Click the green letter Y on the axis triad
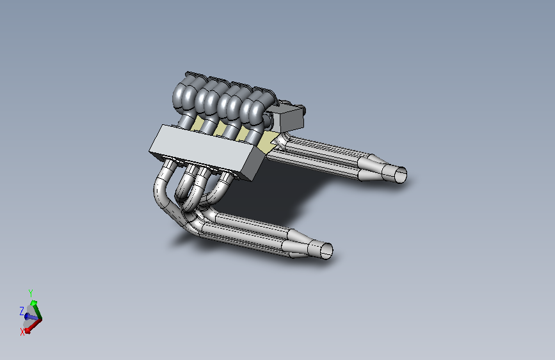(31, 293)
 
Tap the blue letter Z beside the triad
(22, 311)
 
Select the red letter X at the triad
(22, 332)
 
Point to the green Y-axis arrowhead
(34, 302)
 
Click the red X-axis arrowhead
(28, 331)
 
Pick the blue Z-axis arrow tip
(27, 316)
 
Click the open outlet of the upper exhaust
(401, 175)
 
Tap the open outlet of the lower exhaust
(326, 250)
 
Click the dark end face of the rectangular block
(255, 164)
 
